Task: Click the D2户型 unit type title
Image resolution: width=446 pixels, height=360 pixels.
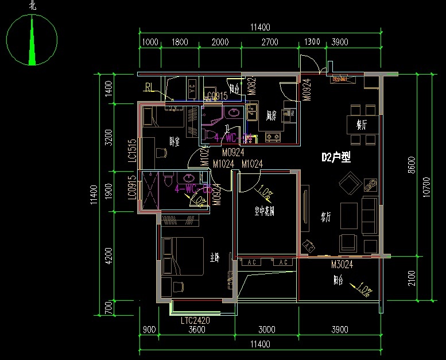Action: tap(336, 157)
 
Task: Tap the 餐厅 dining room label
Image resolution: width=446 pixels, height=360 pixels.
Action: tap(362, 125)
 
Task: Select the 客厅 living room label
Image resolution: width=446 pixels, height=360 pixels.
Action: tap(326, 216)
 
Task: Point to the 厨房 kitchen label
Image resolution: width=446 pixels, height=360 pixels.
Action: tap(272, 116)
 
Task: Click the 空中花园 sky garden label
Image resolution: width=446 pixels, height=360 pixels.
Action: tap(265, 211)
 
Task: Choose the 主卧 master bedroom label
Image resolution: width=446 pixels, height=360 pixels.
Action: tap(214, 258)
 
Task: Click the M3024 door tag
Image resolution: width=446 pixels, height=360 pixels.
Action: tap(342, 265)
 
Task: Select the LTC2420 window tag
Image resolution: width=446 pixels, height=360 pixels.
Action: tap(195, 320)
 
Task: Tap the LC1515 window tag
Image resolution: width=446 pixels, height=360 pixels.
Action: tap(132, 150)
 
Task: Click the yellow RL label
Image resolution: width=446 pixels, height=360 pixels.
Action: tap(149, 88)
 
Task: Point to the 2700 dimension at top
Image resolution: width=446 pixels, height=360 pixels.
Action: tap(270, 42)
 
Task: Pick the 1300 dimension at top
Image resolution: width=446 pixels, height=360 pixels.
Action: tap(312, 42)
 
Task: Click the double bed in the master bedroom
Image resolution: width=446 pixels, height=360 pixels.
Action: tap(183, 257)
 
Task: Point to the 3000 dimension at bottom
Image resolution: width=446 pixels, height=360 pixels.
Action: tap(266, 330)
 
